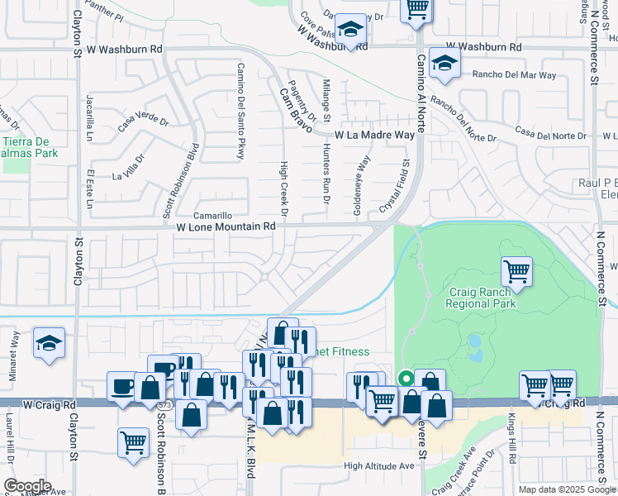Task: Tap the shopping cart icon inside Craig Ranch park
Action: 516,271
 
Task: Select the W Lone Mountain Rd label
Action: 226,226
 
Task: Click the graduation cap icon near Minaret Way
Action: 50,343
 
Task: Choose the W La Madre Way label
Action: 373,135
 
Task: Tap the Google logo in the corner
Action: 27,486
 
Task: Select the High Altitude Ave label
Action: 379,466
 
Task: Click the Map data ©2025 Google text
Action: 567,489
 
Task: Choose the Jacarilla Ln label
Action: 90,118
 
